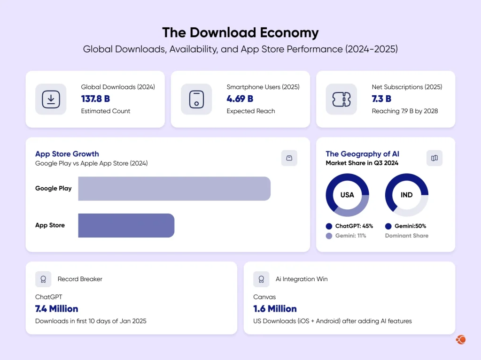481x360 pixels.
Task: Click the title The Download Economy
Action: tap(240, 33)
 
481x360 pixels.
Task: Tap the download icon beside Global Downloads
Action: tap(51, 99)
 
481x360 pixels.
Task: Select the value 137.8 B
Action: tap(95, 99)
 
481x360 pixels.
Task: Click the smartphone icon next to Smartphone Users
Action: tap(196, 99)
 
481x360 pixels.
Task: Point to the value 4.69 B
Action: tap(240, 99)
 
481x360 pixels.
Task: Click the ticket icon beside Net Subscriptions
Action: tap(341, 99)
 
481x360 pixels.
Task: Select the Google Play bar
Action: tap(174, 189)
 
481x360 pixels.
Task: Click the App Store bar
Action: tap(126, 225)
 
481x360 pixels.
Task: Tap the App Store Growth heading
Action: tap(67, 154)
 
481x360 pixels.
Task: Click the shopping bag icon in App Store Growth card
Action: tap(289, 158)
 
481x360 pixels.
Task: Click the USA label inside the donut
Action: tap(347, 195)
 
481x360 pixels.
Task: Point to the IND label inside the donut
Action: tap(406, 195)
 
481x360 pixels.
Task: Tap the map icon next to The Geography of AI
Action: tap(434, 158)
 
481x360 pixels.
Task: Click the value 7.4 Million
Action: tap(56, 309)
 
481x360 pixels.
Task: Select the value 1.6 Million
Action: tap(275, 309)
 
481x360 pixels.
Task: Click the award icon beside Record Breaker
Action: tap(43, 279)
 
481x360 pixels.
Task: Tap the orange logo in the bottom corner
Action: tap(460, 340)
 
